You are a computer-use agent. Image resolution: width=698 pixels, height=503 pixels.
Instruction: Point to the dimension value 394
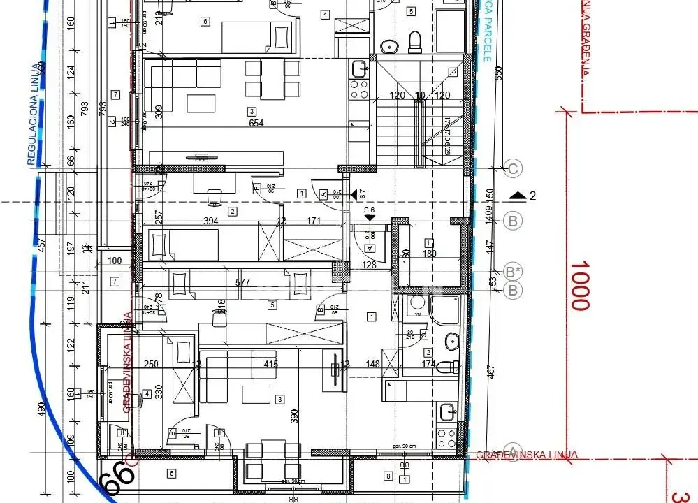click(211, 221)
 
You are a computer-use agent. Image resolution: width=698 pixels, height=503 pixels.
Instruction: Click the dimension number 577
click(242, 283)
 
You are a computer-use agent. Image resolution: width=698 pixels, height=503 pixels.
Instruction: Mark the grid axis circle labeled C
click(513, 168)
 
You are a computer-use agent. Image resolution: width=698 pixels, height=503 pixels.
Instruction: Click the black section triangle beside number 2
click(516, 196)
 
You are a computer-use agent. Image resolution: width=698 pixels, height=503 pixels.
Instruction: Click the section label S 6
click(369, 210)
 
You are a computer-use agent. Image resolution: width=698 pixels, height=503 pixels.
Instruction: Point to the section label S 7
click(363, 193)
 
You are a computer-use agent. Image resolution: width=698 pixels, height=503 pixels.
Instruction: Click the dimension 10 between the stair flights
click(419, 95)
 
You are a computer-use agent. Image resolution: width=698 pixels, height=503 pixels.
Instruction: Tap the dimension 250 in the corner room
click(151, 363)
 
